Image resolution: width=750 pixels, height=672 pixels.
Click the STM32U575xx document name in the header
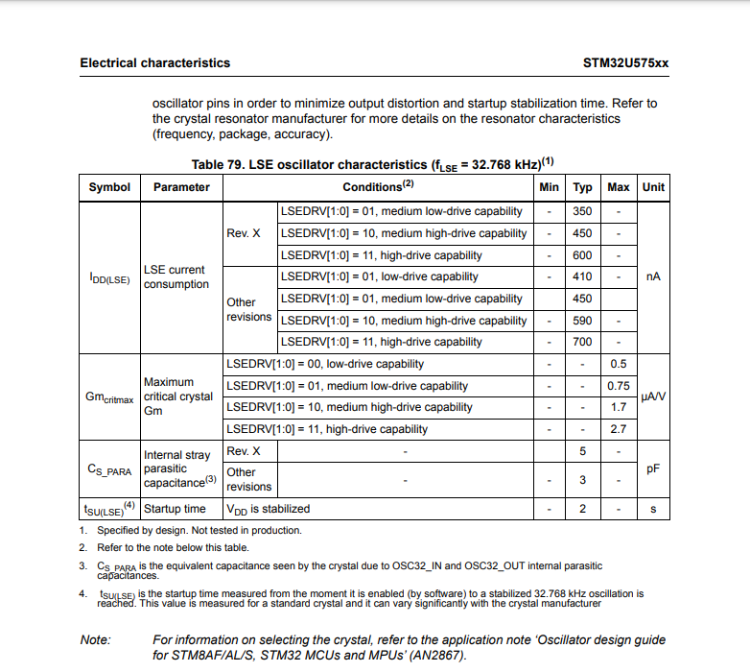click(x=625, y=62)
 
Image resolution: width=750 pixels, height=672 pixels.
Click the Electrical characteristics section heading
click(x=154, y=62)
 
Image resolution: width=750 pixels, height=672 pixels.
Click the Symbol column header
click(x=109, y=187)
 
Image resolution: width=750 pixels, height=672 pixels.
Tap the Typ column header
click(x=582, y=187)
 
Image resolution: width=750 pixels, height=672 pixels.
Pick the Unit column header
click(x=653, y=187)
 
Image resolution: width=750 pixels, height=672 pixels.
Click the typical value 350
click(x=582, y=211)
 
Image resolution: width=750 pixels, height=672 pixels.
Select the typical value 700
click(x=582, y=342)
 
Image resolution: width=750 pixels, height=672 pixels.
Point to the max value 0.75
click(x=619, y=386)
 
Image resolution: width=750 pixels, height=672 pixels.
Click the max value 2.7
click(x=619, y=429)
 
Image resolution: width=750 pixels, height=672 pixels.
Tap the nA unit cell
click(x=653, y=276)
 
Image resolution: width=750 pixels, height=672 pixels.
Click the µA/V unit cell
click(x=653, y=396)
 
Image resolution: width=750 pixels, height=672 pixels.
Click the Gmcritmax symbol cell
click(x=109, y=396)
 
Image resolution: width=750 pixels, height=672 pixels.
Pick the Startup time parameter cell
click(x=175, y=509)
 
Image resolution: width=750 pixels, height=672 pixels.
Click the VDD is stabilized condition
click(x=268, y=509)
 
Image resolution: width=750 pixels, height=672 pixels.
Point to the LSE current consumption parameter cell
click(x=176, y=276)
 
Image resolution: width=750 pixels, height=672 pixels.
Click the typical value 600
click(x=582, y=255)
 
